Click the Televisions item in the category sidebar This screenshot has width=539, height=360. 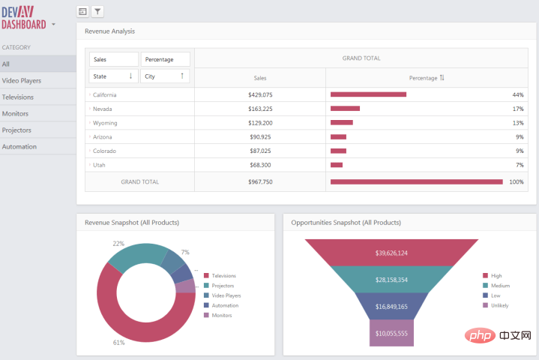pyautogui.click(x=18, y=97)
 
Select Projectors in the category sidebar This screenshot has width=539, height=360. pyautogui.click(x=16, y=130)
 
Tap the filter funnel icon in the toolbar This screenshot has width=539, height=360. pyautogui.click(x=97, y=12)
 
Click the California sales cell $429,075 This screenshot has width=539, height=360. pyautogui.click(x=260, y=95)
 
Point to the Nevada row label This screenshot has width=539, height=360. pyautogui.click(x=103, y=109)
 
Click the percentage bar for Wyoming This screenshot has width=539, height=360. pyautogui.click(x=342, y=122)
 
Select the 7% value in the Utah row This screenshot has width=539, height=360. pyautogui.click(x=520, y=165)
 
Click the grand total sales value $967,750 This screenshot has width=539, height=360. pyautogui.click(x=260, y=182)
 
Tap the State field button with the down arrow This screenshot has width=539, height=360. pyautogui.click(x=114, y=76)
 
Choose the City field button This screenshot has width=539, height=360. pyautogui.click(x=165, y=76)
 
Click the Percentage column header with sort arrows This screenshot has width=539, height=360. pyautogui.click(x=427, y=78)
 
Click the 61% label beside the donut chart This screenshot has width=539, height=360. pyautogui.click(x=118, y=343)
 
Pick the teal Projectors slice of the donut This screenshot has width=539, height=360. pyautogui.click(x=138, y=253)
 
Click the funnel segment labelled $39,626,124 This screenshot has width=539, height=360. pyautogui.click(x=391, y=253)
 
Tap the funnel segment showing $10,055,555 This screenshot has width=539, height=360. pyautogui.click(x=391, y=333)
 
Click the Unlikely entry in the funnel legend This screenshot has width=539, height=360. pyautogui.click(x=496, y=305)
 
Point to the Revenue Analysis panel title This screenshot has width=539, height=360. pyautogui.click(x=109, y=31)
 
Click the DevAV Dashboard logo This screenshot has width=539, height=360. pyautogui.click(x=24, y=18)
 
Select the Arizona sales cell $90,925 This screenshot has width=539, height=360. pyautogui.click(x=260, y=137)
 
